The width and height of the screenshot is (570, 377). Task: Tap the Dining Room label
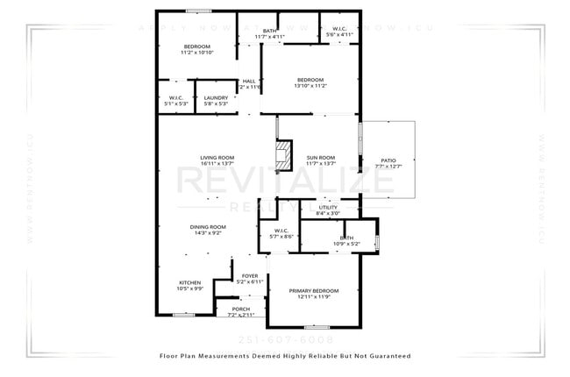pyautogui.click(x=208, y=227)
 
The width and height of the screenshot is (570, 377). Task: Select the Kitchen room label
pyautogui.click(x=190, y=283)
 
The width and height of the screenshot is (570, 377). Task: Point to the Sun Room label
pyautogui.click(x=320, y=158)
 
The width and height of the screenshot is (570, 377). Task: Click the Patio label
pyautogui.click(x=387, y=160)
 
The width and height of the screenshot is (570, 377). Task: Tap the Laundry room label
pyautogui.click(x=216, y=98)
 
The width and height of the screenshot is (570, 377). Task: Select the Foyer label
pyautogui.click(x=250, y=276)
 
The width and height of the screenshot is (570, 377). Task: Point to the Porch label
pyautogui.click(x=240, y=309)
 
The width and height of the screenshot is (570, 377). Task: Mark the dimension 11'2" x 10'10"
pyautogui.click(x=196, y=53)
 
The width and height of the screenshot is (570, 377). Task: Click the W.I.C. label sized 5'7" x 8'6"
pyautogui.click(x=281, y=231)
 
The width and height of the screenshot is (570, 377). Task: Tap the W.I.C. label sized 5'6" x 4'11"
pyautogui.click(x=339, y=30)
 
